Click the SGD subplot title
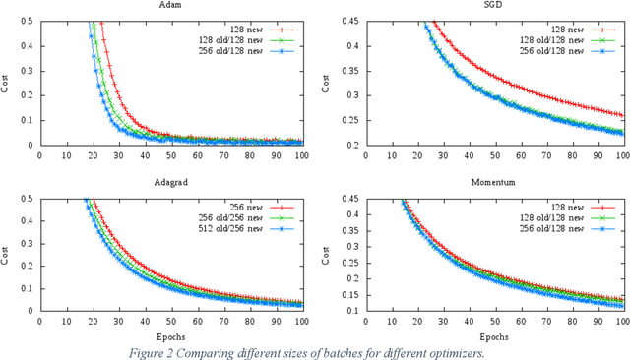[485, 5]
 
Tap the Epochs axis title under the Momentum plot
[485, 333]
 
